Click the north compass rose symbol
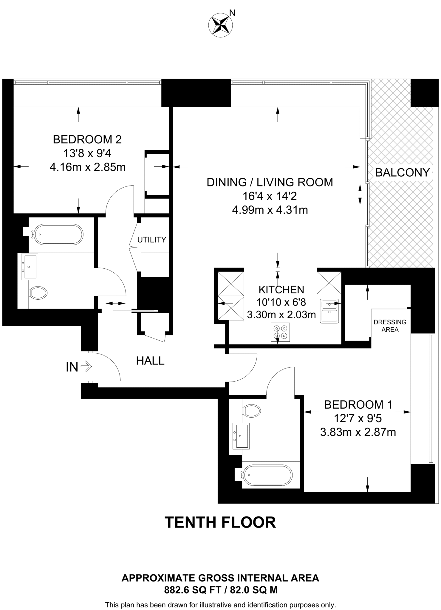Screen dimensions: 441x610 pyautogui.click(x=221, y=26)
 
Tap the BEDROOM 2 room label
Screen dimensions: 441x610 pyautogui.click(x=87, y=139)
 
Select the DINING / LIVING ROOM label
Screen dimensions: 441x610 pyautogui.click(x=270, y=182)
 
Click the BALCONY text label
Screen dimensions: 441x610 pyautogui.click(x=402, y=172)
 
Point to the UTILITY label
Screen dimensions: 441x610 pyautogui.click(x=152, y=240)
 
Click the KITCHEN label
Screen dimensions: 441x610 pyautogui.click(x=281, y=290)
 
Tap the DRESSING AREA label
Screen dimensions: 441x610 pyautogui.click(x=390, y=326)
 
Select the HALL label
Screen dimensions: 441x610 pyautogui.click(x=150, y=361)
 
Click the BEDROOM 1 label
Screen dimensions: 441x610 pyautogui.click(x=358, y=404)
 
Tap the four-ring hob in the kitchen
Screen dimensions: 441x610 pyautogui.click(x=280, y=332)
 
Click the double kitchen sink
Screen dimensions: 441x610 pyautogui.click(x=329, y=311)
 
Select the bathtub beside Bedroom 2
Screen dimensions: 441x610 pyautogui.click(x=58, y=234)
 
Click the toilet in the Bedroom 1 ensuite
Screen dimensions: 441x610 pyautogui.click(x=251, y=411)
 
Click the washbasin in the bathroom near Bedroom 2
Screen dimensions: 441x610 pyautogui.click(x=29, y=267)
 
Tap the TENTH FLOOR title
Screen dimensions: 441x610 pyautogui.click(x=220, y=522)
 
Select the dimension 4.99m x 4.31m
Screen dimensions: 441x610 pyautogui.click(x=270, y=210)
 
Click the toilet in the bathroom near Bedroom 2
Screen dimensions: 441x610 pyautogui.click(x=38, y=293)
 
